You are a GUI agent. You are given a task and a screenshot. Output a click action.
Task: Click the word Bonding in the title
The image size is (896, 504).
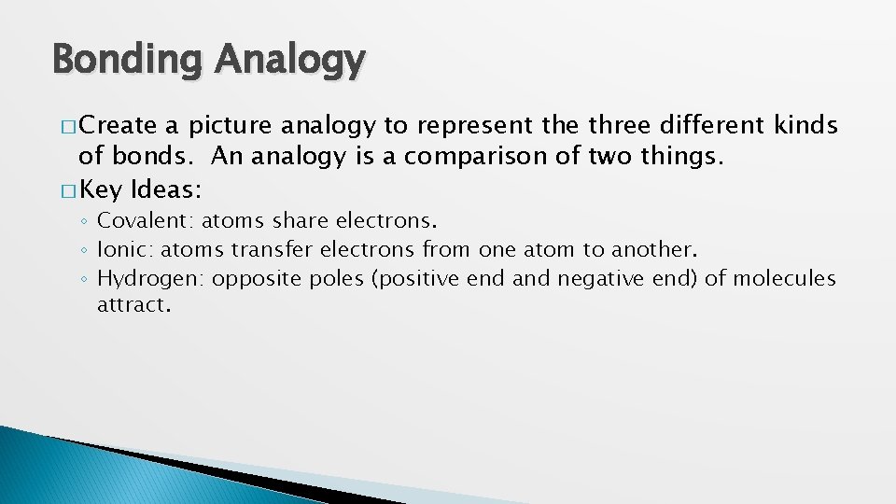pyautogui.click(x=126, y=61)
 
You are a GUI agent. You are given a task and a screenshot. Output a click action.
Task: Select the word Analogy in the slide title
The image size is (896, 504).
pyautogui.click(x=290, y=61)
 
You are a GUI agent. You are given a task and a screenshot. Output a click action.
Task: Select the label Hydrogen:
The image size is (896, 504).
pyautogui.click(x=153, y=278)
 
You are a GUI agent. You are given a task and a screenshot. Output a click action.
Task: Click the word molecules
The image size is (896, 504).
pyautogui.click(x=784, y=278)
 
